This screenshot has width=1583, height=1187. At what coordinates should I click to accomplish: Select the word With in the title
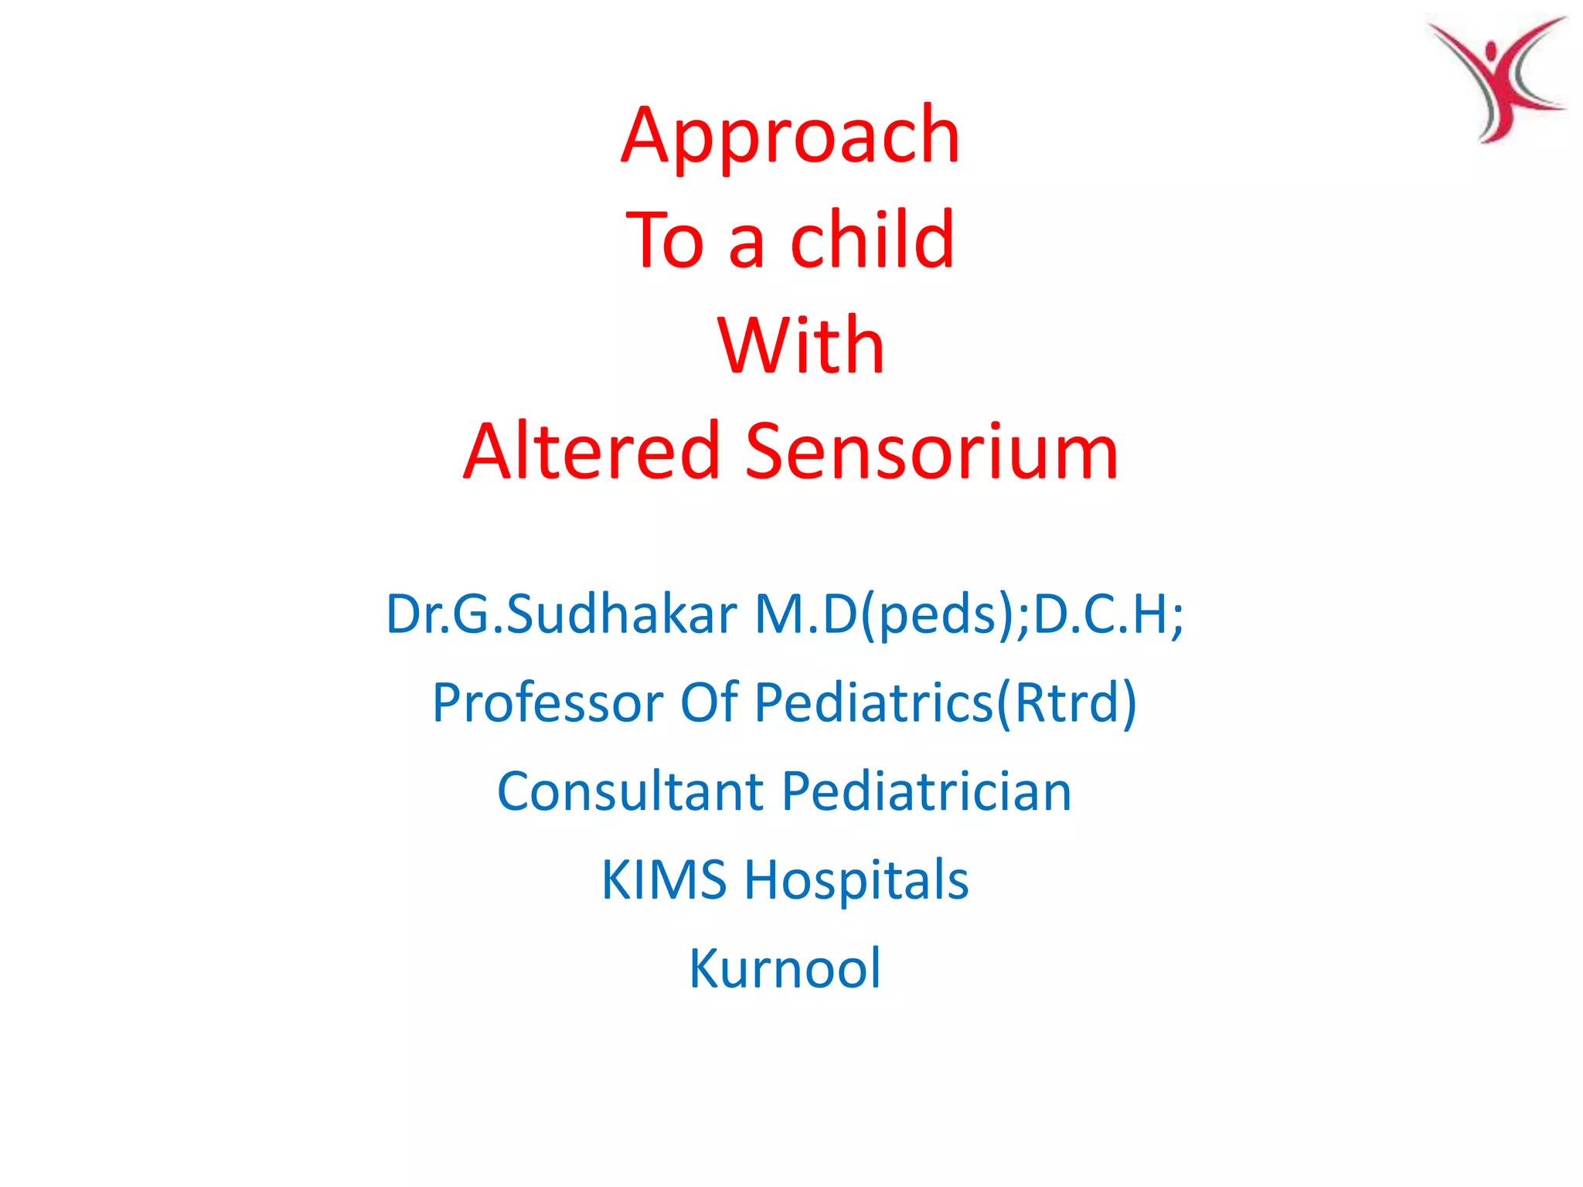click(801, 345)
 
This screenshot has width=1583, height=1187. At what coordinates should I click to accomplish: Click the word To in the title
click(665, 240)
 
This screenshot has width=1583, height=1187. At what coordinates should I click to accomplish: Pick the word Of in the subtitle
click(708, 702)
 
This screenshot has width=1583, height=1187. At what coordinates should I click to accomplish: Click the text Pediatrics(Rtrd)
click(945, 704)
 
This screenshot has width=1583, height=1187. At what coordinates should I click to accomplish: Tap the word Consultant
click(631, 791)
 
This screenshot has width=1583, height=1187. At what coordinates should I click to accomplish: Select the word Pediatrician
click(926, 791)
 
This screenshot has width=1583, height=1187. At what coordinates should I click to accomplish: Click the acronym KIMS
click(664, 880)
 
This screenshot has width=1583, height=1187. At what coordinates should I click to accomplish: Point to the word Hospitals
click(856, 882)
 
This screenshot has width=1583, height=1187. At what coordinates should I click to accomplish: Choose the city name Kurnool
click(785, 968)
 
